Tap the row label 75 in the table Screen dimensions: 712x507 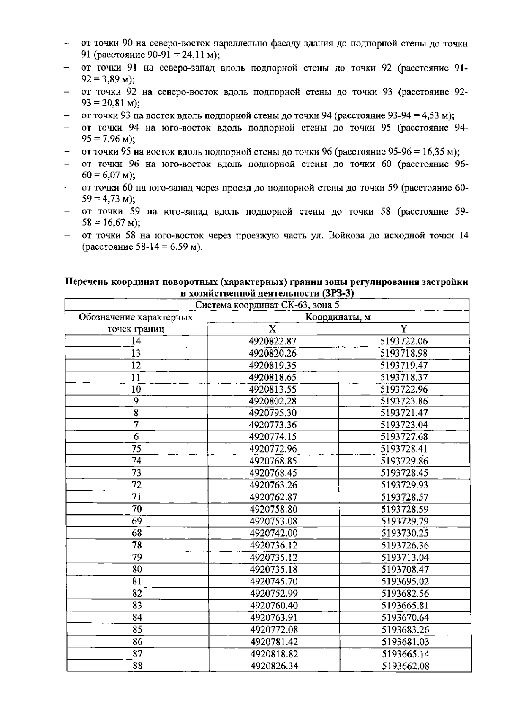pyautogui.click(x=136, y=449)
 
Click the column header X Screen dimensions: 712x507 pyautogui.click(x=273, y=329)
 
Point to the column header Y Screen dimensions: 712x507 pyautogui.click(x=404, y=329)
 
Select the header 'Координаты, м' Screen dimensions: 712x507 pyautogui.click(x=338, y=317)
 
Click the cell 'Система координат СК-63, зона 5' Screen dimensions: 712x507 pyautogui.click(x=267, y=305)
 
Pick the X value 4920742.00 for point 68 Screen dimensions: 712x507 pyautogui.click(x=273, y=533)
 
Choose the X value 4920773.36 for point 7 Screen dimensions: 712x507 pyautogui.click(x=273, y=425)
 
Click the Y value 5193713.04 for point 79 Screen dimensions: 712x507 pyautogui.click(x=405, y=557)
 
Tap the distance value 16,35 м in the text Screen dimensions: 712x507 pyautogui.click(x=438, y=152)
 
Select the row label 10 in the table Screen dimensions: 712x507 pyautogui.click(x=136, y=389)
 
